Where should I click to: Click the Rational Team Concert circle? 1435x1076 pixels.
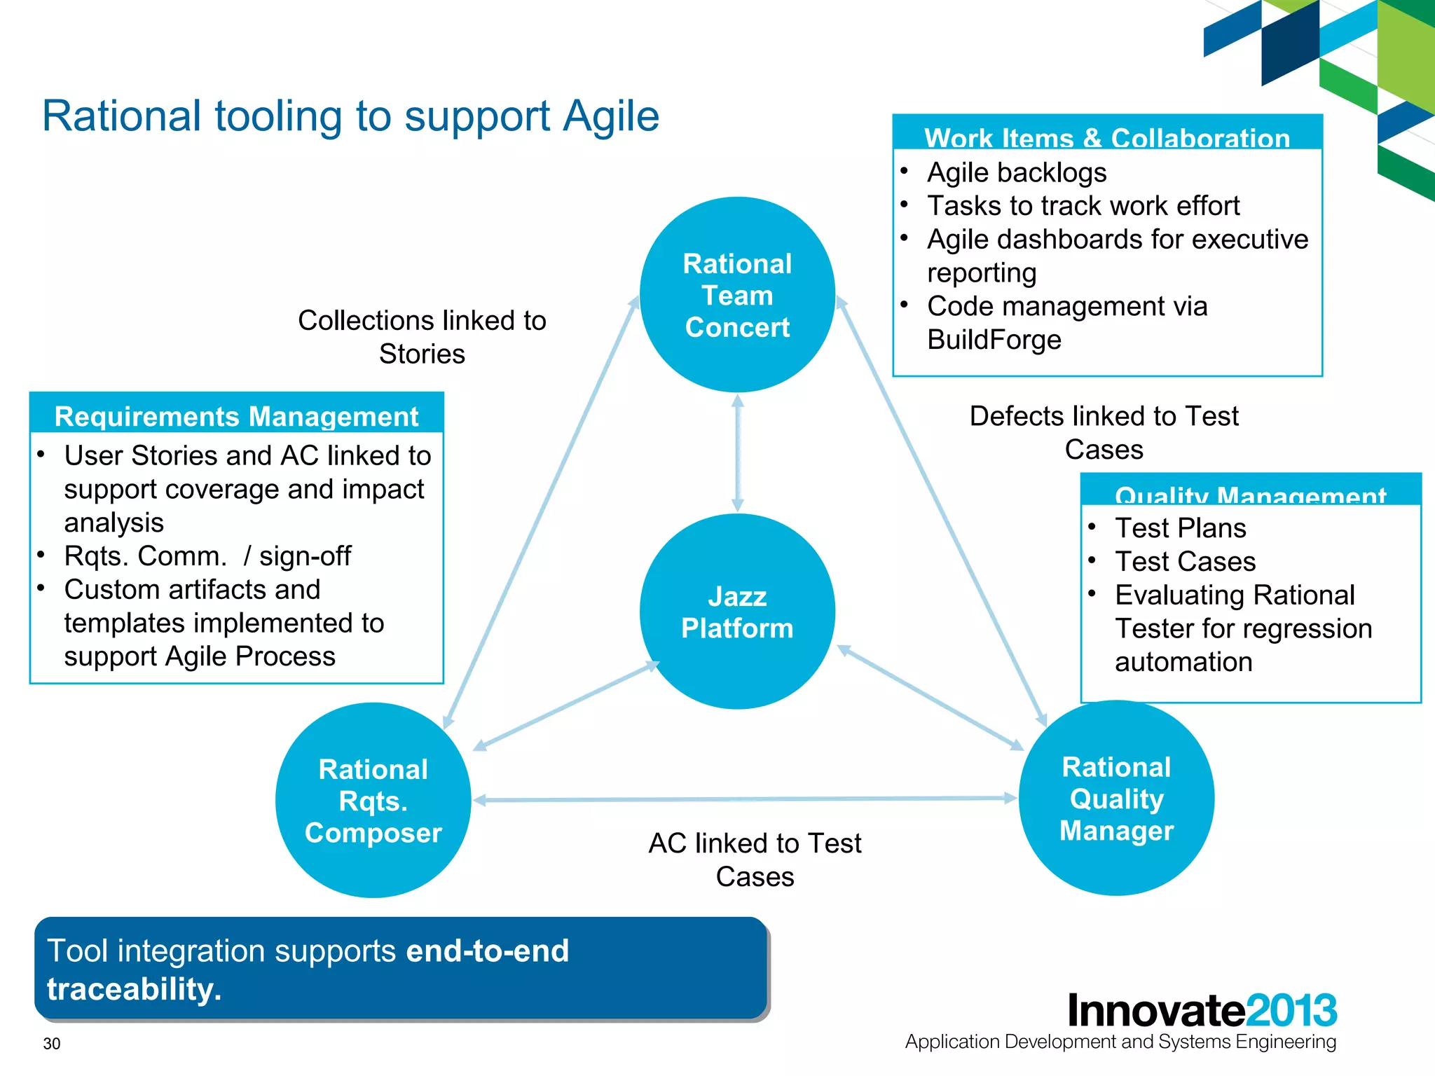[x=737, y=295]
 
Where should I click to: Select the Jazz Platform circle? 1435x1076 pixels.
[x=737, y=612]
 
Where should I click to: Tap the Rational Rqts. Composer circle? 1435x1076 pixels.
[x=373, y=801]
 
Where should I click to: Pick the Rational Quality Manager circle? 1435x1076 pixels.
[x=1116, y=799]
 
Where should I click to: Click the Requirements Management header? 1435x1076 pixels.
[x=236, y=416]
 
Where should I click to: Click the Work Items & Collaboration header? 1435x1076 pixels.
[x=1107, y=137]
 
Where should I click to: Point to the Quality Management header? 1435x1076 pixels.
[x=1250, y=493]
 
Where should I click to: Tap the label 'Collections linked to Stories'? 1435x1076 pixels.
[x=422, y=337]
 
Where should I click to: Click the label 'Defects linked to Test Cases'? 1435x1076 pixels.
[x=1104, y=432]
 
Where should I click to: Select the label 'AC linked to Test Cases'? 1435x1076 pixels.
[x=755, y=860]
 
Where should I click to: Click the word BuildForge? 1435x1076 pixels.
[x=994, y=340]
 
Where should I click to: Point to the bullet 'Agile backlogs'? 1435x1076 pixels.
[x=1016, y=172]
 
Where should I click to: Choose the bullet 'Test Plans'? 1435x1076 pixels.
[x=1180, y=528]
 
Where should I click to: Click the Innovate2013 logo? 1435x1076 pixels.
[x=1202, y=1010]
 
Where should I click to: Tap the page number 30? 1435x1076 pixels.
[x=52, y=1044]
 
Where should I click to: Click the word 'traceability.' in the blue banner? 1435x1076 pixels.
[x=134, y=989]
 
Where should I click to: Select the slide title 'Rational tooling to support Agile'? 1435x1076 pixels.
[x=350, y=116]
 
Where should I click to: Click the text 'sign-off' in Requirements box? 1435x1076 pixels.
[x=305, y=556]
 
